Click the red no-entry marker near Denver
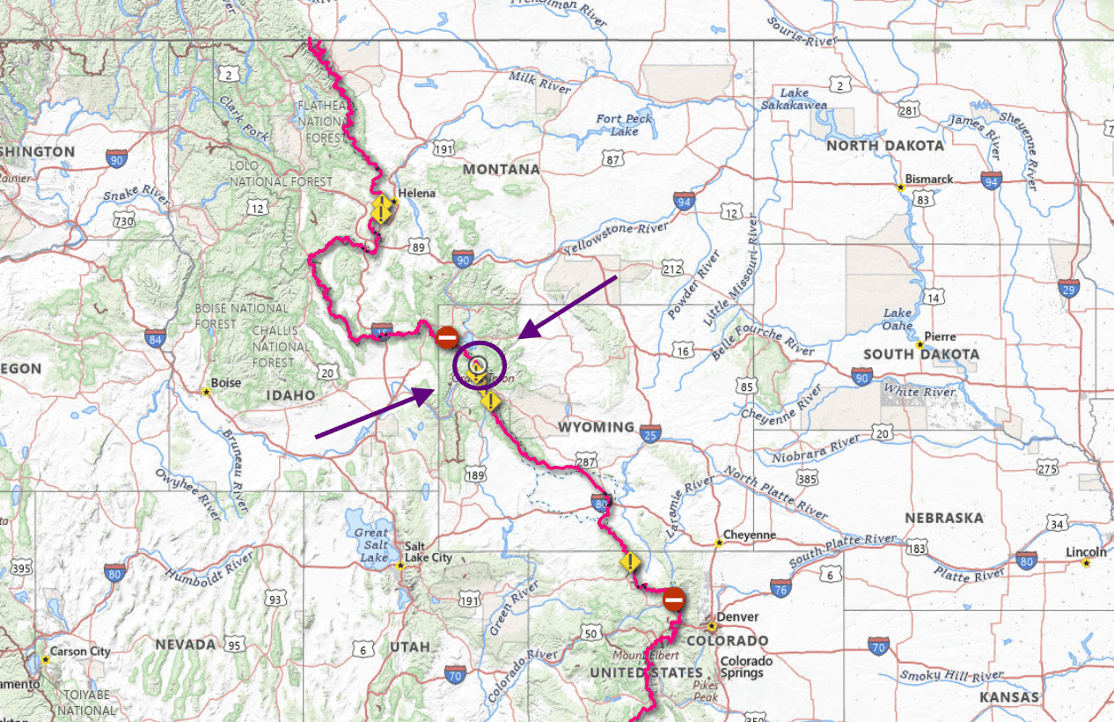coord(673,600)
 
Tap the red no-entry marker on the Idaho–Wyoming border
coord(447,336)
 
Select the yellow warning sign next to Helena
coord(381,210)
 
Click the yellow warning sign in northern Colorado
coord(630,562)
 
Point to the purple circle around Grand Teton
coord(480,364)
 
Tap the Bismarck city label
coord(929,179)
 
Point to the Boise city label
coord(226,384)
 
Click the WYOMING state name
coord(596,427)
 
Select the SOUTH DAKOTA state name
coord(920,354)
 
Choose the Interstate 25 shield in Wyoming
coord(650,432)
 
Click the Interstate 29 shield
coord(1068,288)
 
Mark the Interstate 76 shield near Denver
coord(781,587)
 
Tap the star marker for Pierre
coord(919,344)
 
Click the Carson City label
coord(80,652)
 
